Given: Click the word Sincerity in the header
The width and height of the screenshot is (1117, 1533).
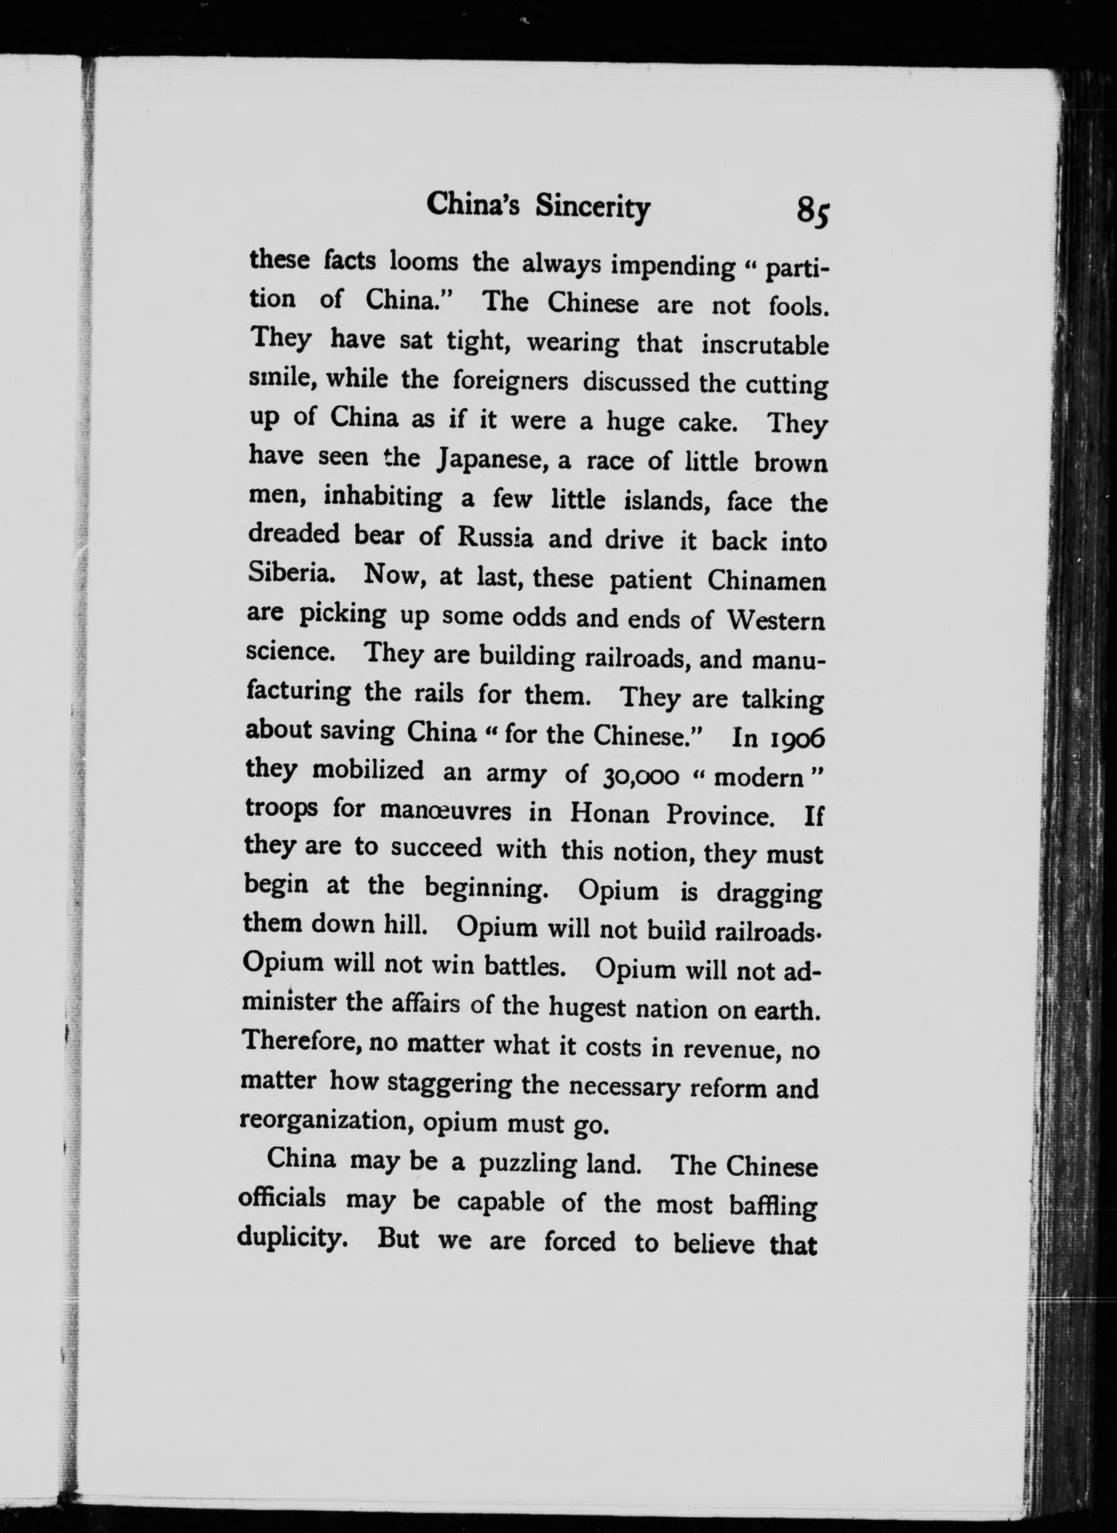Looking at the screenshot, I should tap(592, 207).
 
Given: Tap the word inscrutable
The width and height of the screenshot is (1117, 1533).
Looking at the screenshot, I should tap(764, 345).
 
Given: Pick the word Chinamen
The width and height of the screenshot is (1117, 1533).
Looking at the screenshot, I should tap(767, 581).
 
